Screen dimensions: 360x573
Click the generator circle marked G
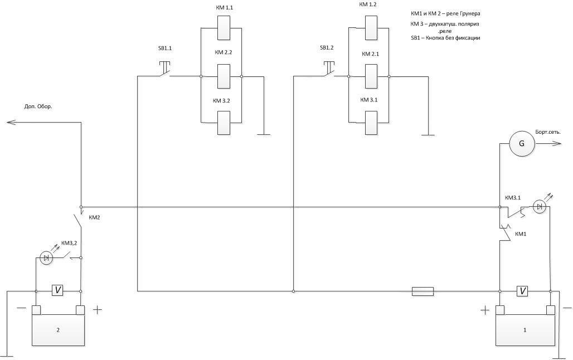[x=522, y=144]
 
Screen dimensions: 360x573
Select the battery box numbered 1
[x=525, y=330]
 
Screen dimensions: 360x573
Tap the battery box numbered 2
[x=58, y=330]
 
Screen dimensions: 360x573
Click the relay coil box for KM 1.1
[x=224, y=28]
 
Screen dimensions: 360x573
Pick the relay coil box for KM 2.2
[x=224, y=76]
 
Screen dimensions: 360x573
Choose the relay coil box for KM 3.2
[x=224, y=123]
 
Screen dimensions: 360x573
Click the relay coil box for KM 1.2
[x=371, y=28]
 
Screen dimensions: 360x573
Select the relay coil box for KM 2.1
[x=371, y=76]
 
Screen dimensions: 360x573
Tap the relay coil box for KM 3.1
[x=371, y=123]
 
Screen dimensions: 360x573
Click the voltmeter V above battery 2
[x=58, y=290]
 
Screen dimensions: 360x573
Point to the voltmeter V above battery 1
[x=522, y=290]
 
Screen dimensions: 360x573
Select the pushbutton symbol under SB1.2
[x=328, y=69]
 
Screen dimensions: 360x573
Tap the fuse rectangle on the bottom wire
[x=423, y=291]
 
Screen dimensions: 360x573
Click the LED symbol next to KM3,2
[x=47, y=257]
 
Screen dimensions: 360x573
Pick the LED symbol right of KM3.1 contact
[x=539, y=207]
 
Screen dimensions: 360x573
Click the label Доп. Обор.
[x=38, y=106]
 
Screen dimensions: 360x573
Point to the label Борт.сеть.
[x=547, y=132]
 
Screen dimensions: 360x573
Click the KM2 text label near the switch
[x=94, y=217]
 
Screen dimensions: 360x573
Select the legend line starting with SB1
[x=445, y=38]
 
